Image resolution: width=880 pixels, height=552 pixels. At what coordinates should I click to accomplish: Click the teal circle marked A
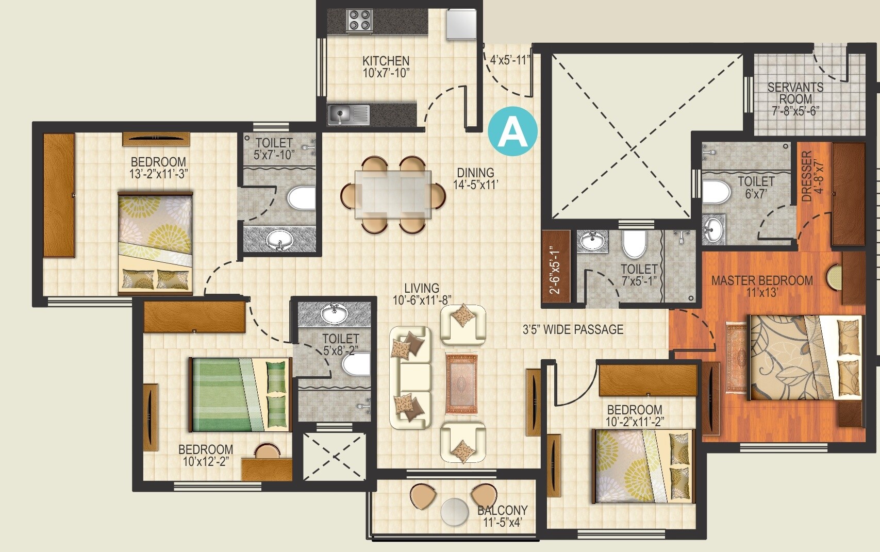tap(512, 132)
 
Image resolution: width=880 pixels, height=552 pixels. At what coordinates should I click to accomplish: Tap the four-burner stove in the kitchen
tap(360, 21)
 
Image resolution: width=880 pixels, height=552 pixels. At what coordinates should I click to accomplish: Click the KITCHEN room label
tap(386, 61)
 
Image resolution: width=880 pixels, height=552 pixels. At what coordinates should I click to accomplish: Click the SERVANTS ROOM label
tap(795, 93)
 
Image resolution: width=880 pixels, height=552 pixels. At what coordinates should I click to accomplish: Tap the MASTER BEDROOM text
tap(762, 281)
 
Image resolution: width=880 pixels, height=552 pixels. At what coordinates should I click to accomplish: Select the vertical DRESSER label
tap(807, 176)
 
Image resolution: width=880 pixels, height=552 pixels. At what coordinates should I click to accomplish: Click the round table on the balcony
tap(454, 512)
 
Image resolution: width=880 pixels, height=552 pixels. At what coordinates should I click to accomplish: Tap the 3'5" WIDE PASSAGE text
tap(573, 330)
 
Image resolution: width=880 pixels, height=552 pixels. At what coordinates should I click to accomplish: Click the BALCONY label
tap(502, 510)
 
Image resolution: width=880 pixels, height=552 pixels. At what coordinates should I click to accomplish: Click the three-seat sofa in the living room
tap(410, 377)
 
